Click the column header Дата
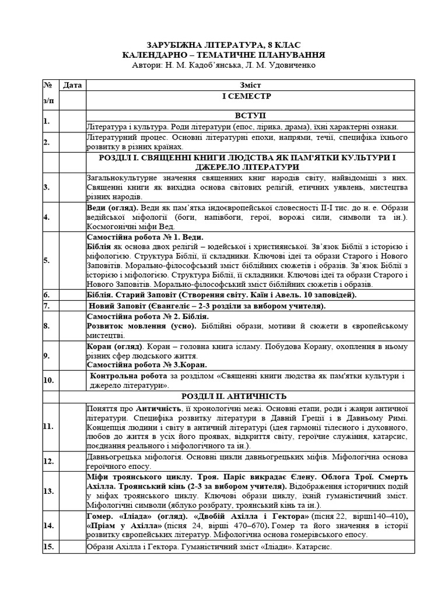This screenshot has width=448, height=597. click(x=72, y=86)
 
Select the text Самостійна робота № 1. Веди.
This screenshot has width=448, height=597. click(x=145, y=237)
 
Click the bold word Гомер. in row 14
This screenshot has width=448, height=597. click(x=100, y=516)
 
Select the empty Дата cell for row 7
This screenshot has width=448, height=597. click(x=72, y=305)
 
